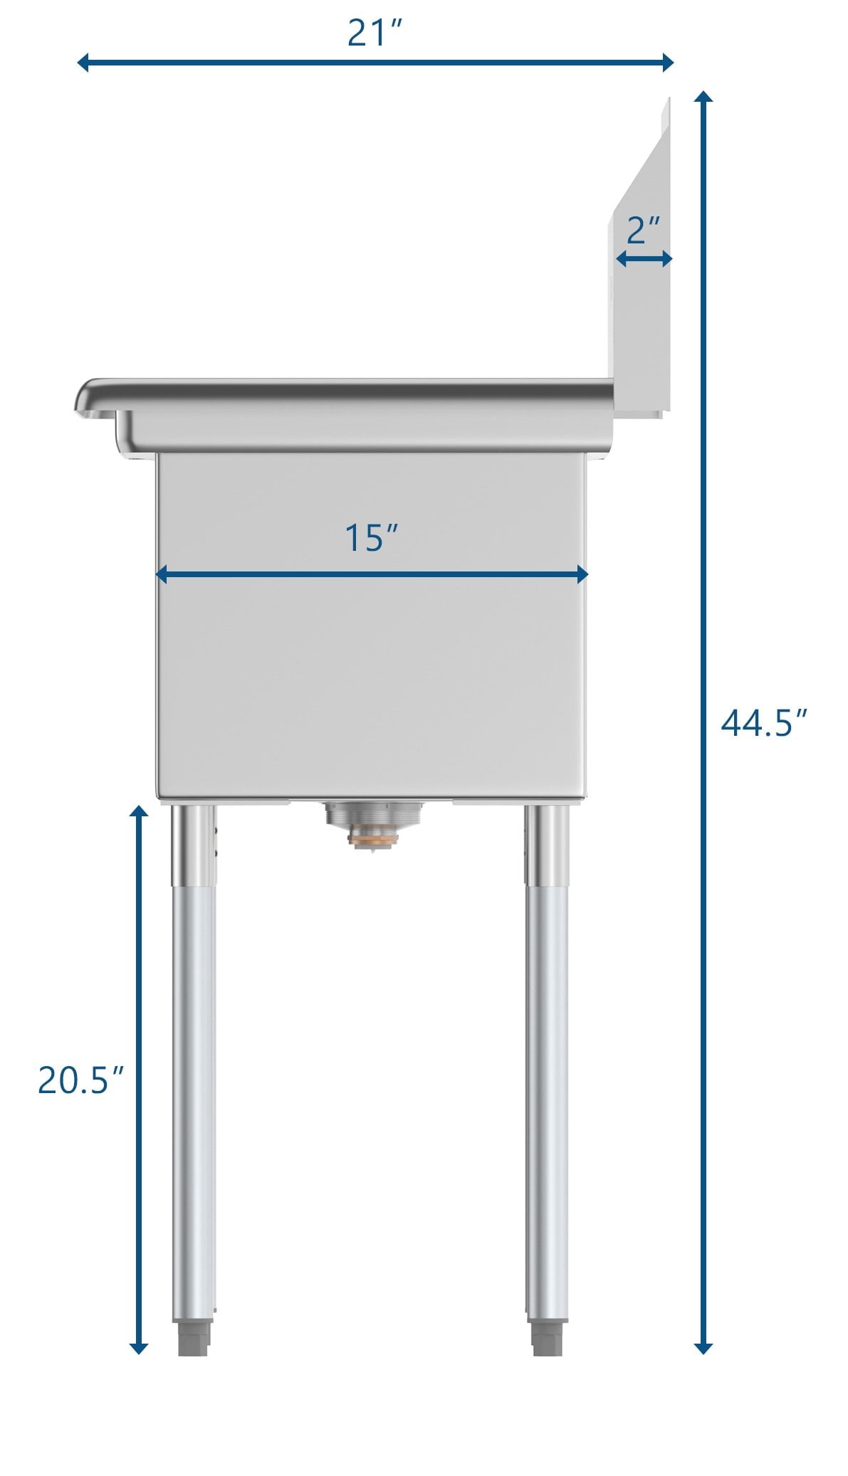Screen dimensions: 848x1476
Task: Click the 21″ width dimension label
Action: click(x=375, y=33)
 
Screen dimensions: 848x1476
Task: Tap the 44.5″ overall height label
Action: click(x=765, y=723)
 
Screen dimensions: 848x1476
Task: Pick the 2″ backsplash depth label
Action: click(x=644, y=230)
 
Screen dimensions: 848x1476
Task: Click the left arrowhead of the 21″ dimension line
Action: click(x=83, y=62)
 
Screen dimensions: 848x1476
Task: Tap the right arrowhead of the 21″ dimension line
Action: click(x=667, y=62)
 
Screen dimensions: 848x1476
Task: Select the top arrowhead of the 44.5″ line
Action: click(x=703, y=98)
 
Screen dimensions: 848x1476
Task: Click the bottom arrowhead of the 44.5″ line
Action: click(x=703, y=1347)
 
